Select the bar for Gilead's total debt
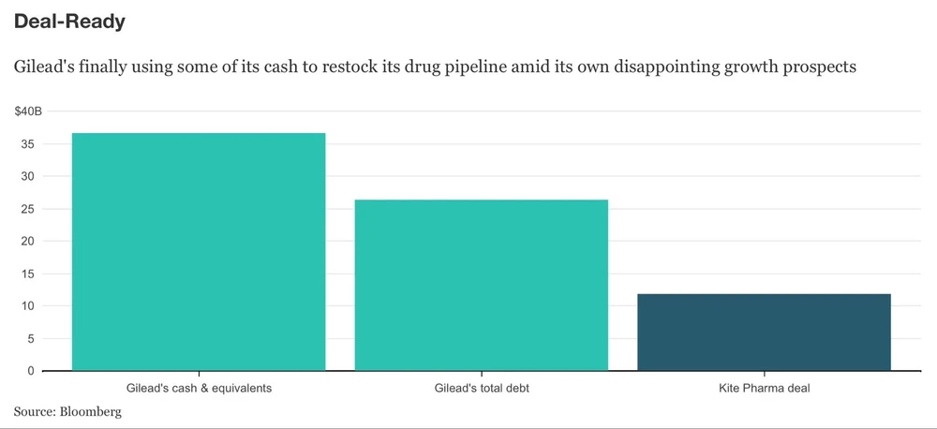coord(481,285)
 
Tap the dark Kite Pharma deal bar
coord(764,332)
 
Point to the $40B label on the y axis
coord(28,112)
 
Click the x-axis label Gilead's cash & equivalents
coord(199,388)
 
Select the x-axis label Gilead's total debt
coord(481,388)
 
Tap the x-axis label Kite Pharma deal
coord(764,388)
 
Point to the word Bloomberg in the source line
coord(91,410)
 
